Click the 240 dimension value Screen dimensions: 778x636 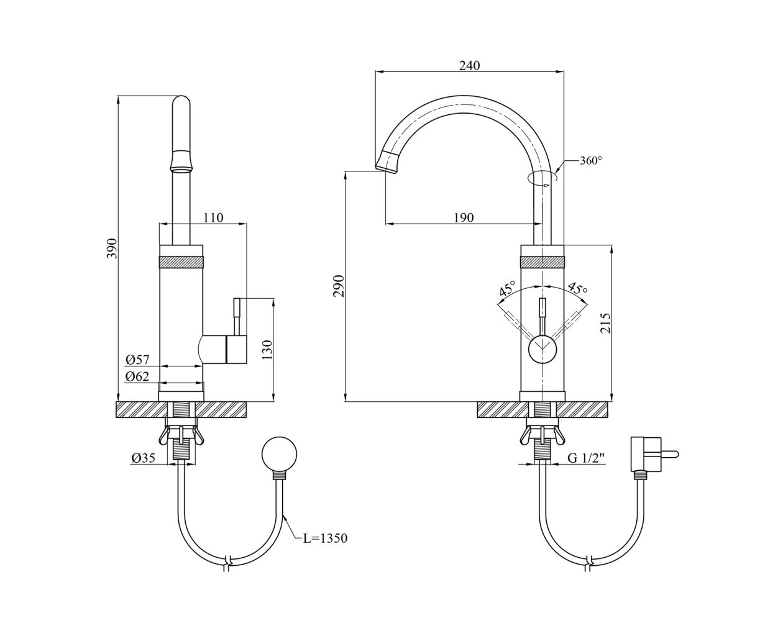point(469,66)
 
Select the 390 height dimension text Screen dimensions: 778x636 point(112,248)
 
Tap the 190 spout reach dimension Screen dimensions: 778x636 point(464,217)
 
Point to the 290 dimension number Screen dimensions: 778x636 point(338,286)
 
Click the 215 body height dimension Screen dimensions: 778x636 point(605,322)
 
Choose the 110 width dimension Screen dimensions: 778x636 point(213,217)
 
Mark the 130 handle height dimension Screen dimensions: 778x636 point(267,350)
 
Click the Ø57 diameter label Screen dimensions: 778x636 point(137,360)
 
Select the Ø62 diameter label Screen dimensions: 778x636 point(137,376)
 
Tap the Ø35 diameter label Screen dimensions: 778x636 point(143,458)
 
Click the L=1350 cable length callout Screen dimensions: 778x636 point(325,538)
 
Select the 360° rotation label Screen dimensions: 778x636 point(591,161)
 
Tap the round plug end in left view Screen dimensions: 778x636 point(279,455)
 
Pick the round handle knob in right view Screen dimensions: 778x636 point(542,349)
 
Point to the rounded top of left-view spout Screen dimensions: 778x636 point(181,101)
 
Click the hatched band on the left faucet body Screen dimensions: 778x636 point(181,262)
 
